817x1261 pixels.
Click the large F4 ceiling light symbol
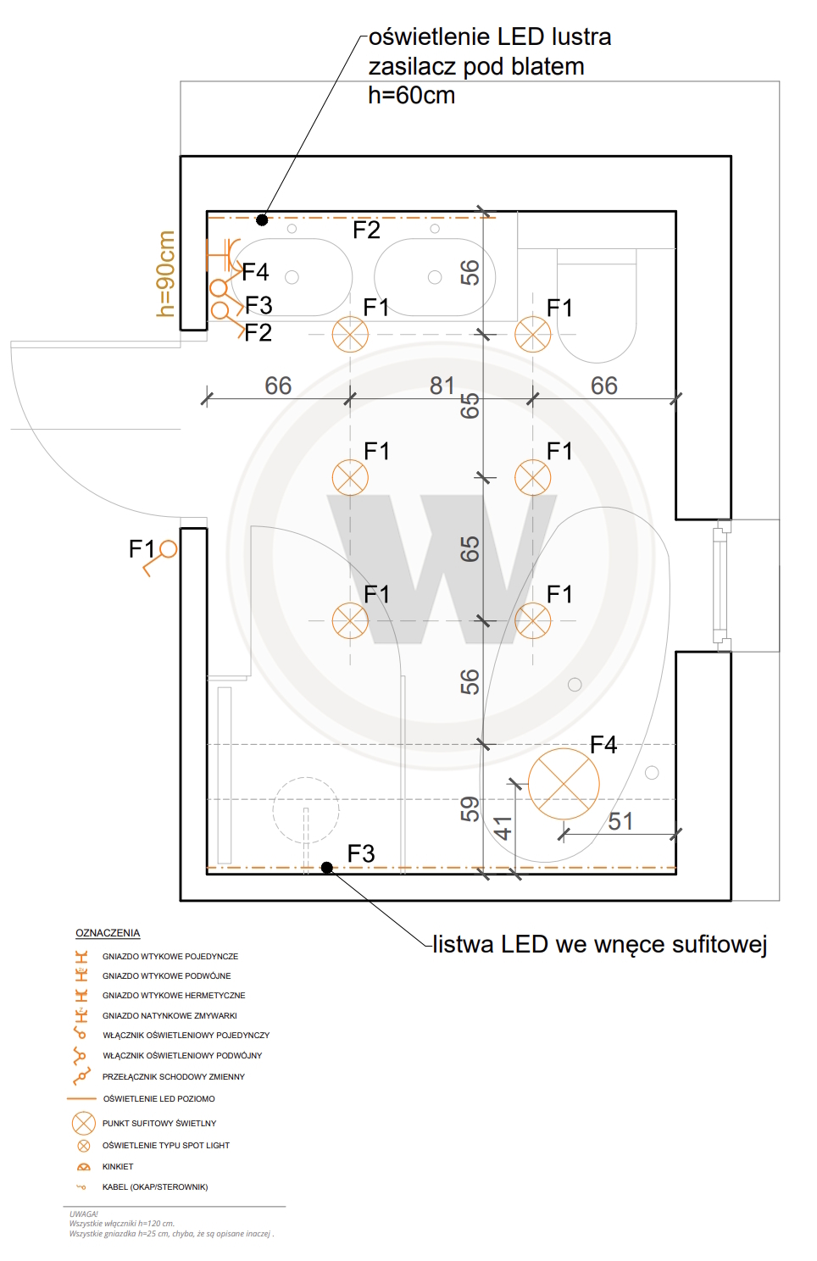(563, 784)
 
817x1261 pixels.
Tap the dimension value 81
(442, 386)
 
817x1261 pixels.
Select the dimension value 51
(620, 821)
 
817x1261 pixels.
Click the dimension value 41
(503, 827)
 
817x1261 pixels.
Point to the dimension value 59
(470, 809)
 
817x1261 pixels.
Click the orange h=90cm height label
(165, 274)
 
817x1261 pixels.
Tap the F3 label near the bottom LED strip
(361, 853)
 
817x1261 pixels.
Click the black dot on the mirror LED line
(262, 219)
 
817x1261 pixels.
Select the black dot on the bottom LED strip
(326, 868)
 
